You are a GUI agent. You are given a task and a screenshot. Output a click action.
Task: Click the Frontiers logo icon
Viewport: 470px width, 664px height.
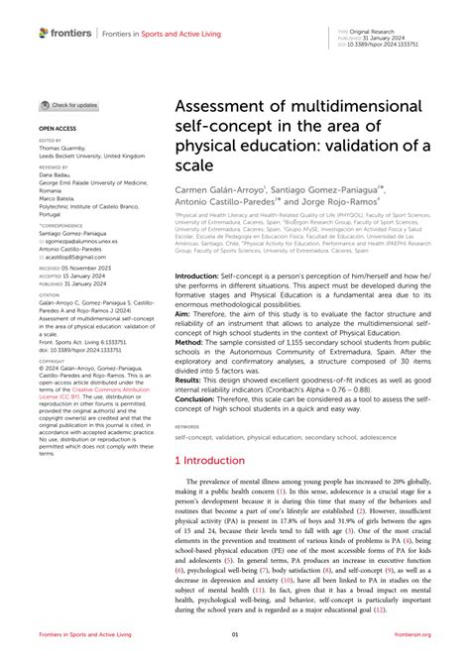coord(45,32)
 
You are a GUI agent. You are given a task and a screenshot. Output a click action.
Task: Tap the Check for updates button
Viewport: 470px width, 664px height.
coord(69,105)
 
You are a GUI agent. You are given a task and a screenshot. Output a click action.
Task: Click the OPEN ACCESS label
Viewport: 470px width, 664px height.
coord(58,129)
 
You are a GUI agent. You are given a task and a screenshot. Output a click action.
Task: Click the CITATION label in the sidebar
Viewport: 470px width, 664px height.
coord(51,294)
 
